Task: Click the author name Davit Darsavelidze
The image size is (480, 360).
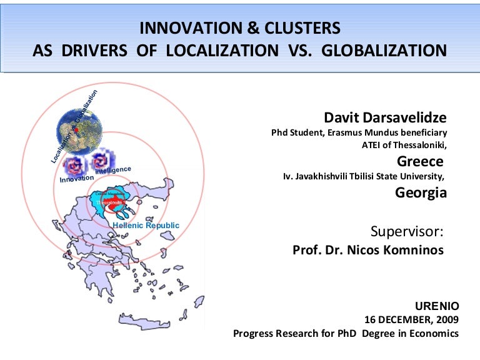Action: click(385, 117)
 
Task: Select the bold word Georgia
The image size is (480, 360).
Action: click(421, 192)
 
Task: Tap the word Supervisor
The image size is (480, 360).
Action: click(407, 232)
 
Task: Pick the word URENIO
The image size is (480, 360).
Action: click(437, 306)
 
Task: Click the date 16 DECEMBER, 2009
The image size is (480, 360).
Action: click(411, 319)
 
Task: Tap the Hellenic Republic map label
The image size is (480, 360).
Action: click(146, 225)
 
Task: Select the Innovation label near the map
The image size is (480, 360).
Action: click(76, 179)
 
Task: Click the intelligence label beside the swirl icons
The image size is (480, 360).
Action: click(113, 170)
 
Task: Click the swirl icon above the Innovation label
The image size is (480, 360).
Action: click(77, 165)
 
